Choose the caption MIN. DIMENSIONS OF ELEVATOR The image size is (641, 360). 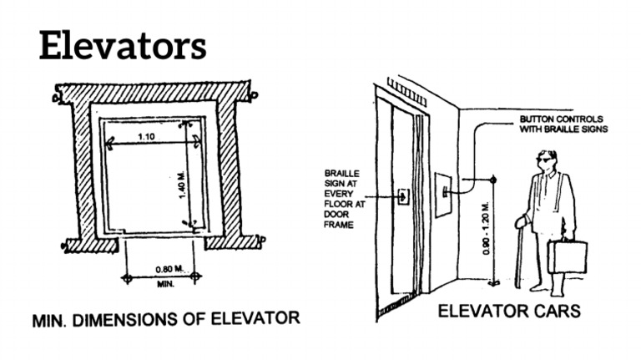pos(165,319)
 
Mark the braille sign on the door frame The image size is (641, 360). pos(405,197)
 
